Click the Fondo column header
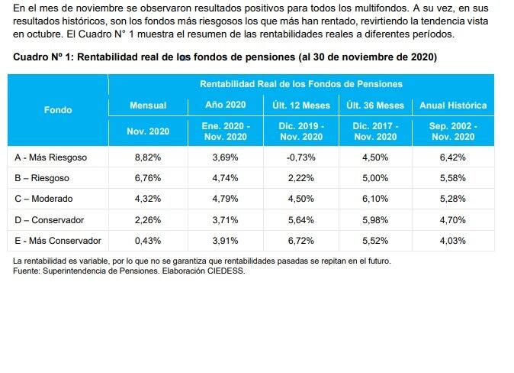click(x=58, y=110)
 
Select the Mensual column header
click(x=148, y=105)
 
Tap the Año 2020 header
click(x=226, y=105)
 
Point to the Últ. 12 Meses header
click(x=301, y=105)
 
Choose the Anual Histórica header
click(x=453, y=105)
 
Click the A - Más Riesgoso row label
click(x=51, y=157)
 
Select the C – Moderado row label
click(x=43, y=199)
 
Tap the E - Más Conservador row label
click(x=58, y=241)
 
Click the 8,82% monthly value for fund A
click(x=148, y=157)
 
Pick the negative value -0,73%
click(x=301, y=157)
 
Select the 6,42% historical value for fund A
click(x=453, y=157)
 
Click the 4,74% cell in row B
click(x=225, y=178)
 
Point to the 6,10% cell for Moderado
click(x=375, y=199)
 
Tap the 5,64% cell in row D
click(x=301, y=220)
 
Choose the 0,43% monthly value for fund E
click(x=148, y=241)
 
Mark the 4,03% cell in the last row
click(x=453, y=241)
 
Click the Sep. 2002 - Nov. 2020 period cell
click(x=453, y=131)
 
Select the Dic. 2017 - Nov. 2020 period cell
click(x=375, y=131)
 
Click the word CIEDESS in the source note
click(x=226, y=271)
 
